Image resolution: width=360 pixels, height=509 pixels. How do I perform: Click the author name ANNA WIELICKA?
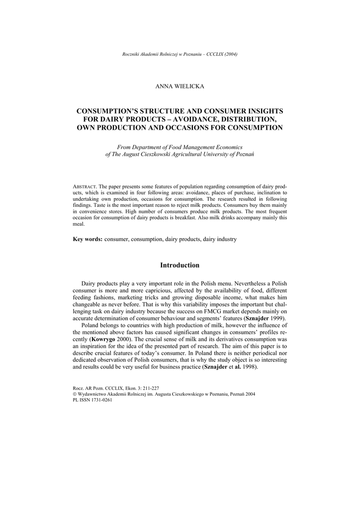coord(180,86)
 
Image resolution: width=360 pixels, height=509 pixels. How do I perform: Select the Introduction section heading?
coord(180,265)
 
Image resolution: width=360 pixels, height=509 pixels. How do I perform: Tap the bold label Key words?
coord(88,239)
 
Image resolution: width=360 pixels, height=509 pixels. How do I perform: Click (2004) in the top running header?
coord(230,54)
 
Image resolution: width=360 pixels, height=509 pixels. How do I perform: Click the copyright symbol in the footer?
coord(75,393)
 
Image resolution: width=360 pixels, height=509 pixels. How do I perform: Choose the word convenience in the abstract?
coord(91,211)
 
